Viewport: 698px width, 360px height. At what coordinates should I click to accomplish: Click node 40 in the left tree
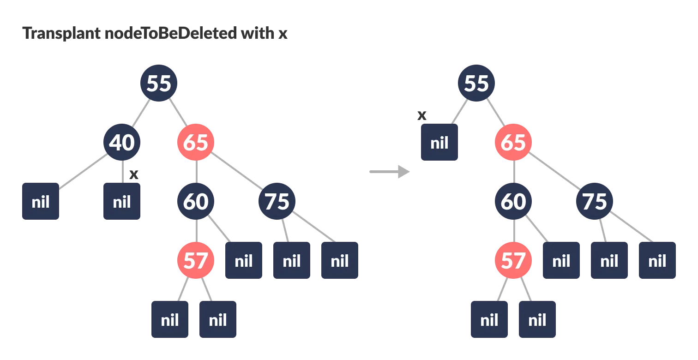click(122, 142)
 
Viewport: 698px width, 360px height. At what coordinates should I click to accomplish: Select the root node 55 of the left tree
click(159, 83)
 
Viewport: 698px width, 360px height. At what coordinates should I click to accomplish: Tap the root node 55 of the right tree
click(476, 83)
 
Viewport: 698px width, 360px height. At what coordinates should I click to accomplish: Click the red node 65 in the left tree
click(196, 142)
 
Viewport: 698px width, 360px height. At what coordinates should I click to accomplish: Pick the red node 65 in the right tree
click(513, 142)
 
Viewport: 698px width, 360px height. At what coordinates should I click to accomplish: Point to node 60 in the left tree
click(196, 201)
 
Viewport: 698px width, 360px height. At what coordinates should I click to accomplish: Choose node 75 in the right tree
click(595, 201)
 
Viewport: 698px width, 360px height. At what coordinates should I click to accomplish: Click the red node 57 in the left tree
click(196, 260)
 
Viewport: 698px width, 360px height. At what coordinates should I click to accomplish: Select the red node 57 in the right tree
click(513, 260)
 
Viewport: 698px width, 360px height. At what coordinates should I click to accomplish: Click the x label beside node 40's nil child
click(134, 174)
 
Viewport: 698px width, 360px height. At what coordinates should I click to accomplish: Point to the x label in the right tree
click(421, 115)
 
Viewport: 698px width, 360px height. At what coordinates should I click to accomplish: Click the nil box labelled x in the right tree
click(439, 142)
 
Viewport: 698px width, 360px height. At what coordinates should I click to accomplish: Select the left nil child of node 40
click(41, 201)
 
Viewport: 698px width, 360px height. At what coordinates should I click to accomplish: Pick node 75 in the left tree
click(277, 201)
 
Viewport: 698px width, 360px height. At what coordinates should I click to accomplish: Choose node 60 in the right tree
click(513, 201)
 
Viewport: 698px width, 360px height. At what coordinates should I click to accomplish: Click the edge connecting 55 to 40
click(140, 113)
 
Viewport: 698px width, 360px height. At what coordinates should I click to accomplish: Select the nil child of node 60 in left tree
click(244, 260)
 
